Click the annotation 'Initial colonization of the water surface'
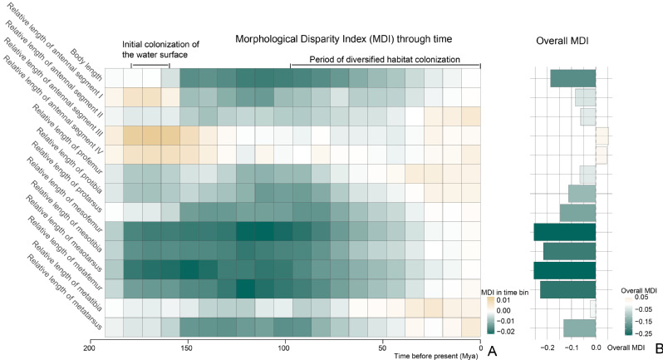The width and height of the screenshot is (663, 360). [155, 49]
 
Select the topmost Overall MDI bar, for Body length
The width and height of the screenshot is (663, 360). [572, 78]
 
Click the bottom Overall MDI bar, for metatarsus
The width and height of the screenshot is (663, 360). [579, 328]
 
